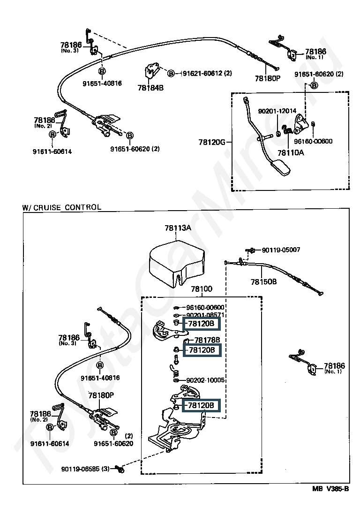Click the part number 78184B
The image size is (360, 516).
(x=150, y=88)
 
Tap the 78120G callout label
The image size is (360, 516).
(x=212, y=142)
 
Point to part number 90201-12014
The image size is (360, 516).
(x=277, y=111)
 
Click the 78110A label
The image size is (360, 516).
(x=291, y=153)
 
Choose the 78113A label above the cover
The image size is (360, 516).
(x=178, y=228)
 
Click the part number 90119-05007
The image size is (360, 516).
(x=281, y=250)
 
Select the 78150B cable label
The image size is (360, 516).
(x=263, y=282)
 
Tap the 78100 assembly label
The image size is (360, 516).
(x=202, y=289)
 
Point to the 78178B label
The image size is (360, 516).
(x=207, y=340)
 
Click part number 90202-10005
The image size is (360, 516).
(x=205, y=380)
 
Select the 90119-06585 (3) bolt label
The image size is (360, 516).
(x=85, y=469)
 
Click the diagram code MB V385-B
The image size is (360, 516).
(x=330, y=489)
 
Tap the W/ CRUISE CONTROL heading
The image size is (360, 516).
(x=62, y=207)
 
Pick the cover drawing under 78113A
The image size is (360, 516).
(x=177, y=265)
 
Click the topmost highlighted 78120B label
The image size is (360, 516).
(x=201, y=324)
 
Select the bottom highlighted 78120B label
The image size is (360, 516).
(x=201, y=405)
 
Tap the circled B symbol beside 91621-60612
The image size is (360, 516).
(x=171, y=73)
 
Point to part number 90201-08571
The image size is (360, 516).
(x=205, y=315)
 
